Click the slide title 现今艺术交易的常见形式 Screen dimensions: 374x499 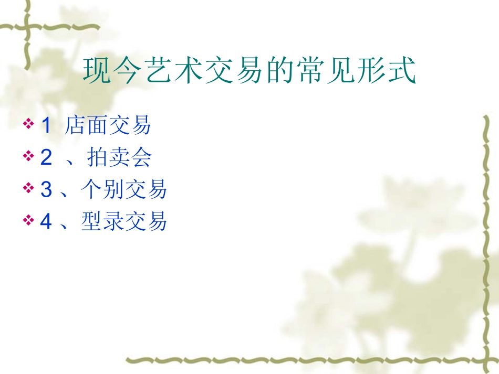250,71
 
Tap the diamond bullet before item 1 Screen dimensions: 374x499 28,125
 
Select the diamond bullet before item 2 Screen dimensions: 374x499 28,156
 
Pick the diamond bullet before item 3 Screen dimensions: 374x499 28,188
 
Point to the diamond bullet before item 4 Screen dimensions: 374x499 28,220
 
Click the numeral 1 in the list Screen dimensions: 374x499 46,126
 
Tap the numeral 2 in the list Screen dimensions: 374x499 46,157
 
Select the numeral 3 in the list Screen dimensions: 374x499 46,189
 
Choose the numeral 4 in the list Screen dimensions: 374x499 46,221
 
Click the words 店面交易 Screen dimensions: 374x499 108,126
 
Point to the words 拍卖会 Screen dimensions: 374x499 119,157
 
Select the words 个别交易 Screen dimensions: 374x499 124,189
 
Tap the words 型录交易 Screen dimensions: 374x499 124,221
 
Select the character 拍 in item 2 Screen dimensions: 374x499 98,157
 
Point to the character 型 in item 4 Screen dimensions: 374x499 92,221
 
